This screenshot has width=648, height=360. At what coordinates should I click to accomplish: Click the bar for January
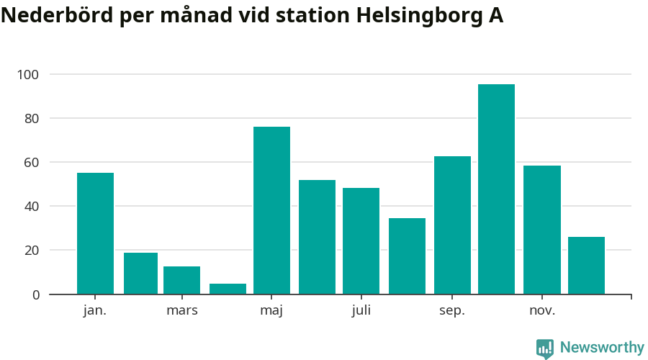click(95, 233)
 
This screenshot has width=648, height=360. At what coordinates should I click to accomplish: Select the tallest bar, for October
click(496, 189)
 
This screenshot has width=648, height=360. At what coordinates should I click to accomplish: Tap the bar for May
click(271, 210)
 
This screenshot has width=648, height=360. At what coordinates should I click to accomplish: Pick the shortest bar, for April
click(228, 289)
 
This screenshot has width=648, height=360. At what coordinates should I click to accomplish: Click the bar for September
click(452, 225)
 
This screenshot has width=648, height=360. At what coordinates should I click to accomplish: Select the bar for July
click(361, 241)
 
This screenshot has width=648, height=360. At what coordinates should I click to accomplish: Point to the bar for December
click(586, 266)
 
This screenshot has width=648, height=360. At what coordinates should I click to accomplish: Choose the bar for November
click(541, 230)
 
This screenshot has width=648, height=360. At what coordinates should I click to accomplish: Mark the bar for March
click(181, 280)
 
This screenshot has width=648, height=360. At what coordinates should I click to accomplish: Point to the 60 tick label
click(32, 163)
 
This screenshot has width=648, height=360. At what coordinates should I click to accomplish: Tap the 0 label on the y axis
click(35, 294)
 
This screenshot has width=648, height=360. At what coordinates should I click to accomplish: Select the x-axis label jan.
click(95, 311)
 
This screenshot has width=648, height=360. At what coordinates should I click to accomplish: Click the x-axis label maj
click(271, 311)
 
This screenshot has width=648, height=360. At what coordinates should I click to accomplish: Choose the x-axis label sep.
click(452, 311)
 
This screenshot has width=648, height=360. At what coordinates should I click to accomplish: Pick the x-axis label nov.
click(541, 311)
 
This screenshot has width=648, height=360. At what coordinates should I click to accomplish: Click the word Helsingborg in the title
click(415, 17)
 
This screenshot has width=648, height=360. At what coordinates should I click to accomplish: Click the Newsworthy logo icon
click(545, 348)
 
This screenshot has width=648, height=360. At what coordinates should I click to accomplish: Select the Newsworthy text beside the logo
click(602, 348)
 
